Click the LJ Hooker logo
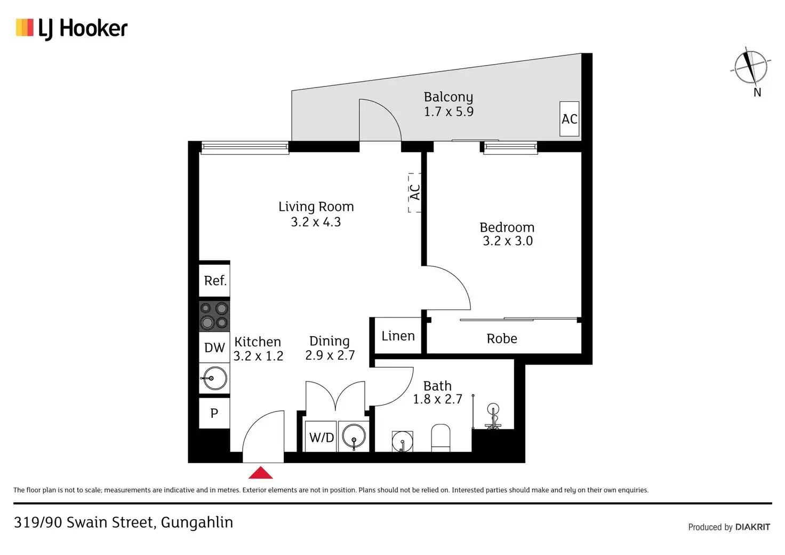click(72, 29)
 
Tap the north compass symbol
click(750, 67)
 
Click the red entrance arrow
click(260, 473)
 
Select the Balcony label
click(448, 97)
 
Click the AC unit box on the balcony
click(569, 119)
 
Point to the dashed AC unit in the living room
click(414, 193)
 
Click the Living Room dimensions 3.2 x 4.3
click(316, 222)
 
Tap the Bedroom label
click(507, 227)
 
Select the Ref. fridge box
click(214, 281)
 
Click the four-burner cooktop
click(214, 316)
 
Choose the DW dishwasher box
click(214, 348)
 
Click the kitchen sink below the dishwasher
click(214, 379)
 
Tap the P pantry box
click(214, 413)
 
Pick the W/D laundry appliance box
click(322, 438)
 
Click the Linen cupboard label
click(398, 336)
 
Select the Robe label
click(502, 339)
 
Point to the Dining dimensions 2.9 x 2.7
click(330, 355)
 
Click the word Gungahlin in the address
click(197, 522)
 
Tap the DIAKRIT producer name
click(752, 527)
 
